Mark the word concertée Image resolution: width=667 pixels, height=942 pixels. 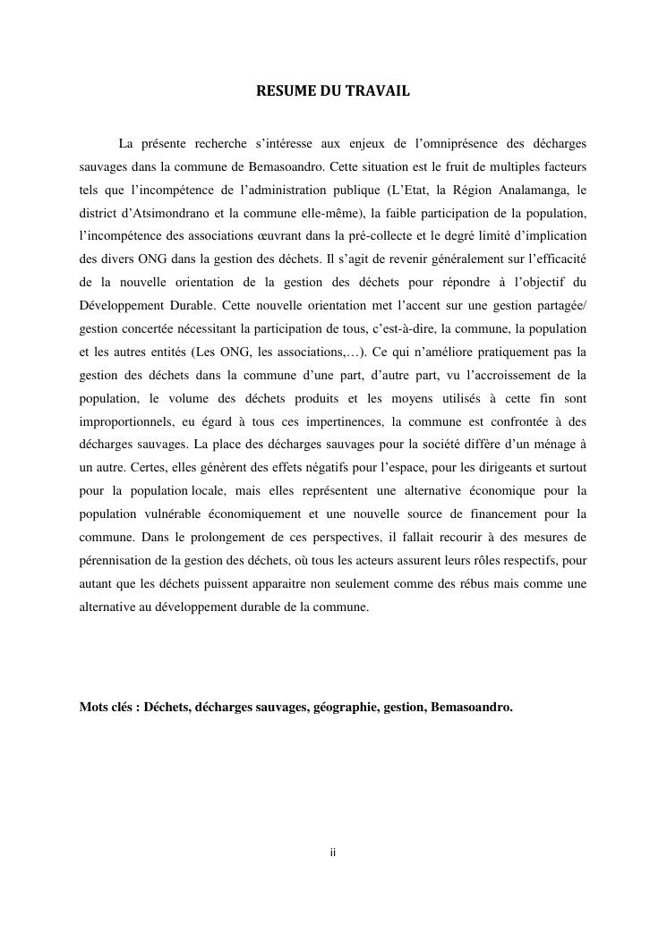[x=160, y=329]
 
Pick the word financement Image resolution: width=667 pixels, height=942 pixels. [x=501, y=513]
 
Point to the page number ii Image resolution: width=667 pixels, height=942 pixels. [x=333, y=853]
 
